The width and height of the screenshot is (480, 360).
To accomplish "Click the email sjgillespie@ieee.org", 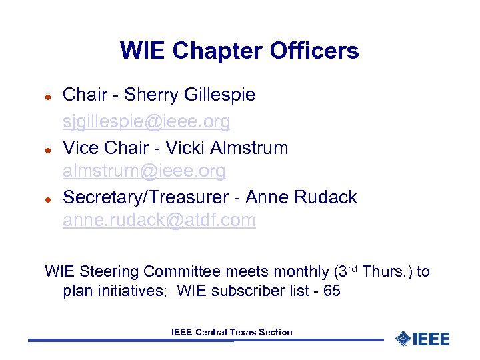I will [x=147, y=121].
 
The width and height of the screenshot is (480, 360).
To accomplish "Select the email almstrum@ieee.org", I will [x=144, y=171].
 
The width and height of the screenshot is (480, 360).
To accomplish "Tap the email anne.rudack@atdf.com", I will [x=159, y=221].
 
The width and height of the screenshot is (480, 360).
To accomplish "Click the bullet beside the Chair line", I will [x=48, y=97].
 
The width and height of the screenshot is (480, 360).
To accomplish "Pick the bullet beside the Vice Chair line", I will [x=48, y=149].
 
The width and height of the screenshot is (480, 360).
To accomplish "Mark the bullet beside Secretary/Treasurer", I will [x=48, y=199].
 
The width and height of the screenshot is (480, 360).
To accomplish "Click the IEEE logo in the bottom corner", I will [x=423, y=339].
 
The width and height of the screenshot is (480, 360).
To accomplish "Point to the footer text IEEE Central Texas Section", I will [x=231, y=332].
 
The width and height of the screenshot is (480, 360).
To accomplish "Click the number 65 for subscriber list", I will [x=331, y=291].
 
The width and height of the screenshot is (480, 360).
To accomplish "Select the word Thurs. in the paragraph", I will [x=387, y=272].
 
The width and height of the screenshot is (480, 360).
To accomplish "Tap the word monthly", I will [x=299, y=272].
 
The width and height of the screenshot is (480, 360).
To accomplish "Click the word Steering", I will [x=109, y=272].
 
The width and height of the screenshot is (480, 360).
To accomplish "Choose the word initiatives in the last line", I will [x=131, y=291].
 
